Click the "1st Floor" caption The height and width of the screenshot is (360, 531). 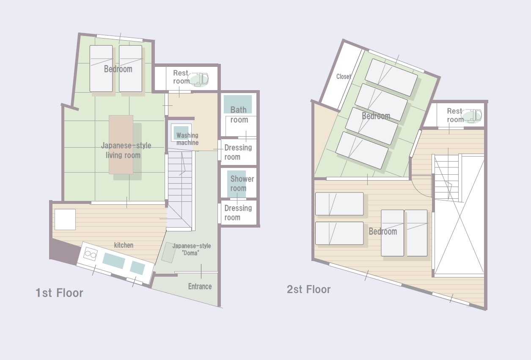click(x=59, y=293)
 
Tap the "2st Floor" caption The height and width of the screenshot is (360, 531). click(x=308, y=289)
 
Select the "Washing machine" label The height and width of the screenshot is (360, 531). click(x=187, y=139)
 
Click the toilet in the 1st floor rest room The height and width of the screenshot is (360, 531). click(x=198, y=80)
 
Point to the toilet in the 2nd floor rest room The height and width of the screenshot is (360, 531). click(x=472, y=116)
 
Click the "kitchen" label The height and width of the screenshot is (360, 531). click(x=124, y=245)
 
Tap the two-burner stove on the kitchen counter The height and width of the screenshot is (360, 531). click(x=90, y=254)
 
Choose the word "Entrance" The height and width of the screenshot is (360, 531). click(x=200, y=286)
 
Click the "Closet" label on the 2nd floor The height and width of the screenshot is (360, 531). click(x=344, y=76)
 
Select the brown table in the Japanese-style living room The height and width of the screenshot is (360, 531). click(x=121, y=145)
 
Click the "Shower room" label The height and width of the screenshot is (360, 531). click(x=242, y=184)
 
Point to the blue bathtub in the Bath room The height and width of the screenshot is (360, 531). click(x=238, y=104)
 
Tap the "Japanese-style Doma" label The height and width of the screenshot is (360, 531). click(x=192, y=249)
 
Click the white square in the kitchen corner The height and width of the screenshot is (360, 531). click(x=65, y=220)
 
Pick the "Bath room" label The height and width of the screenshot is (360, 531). click(x=239, y=115)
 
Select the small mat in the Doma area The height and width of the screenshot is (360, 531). click(x=168, y=253)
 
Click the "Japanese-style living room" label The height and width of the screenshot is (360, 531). click(x=126, y=150)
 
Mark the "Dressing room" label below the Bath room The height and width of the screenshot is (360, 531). click(x=238, y=152)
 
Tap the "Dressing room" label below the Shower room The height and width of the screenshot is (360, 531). click(x=238, y=213)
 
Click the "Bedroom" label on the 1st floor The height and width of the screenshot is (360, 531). click(x=118, y=69)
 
